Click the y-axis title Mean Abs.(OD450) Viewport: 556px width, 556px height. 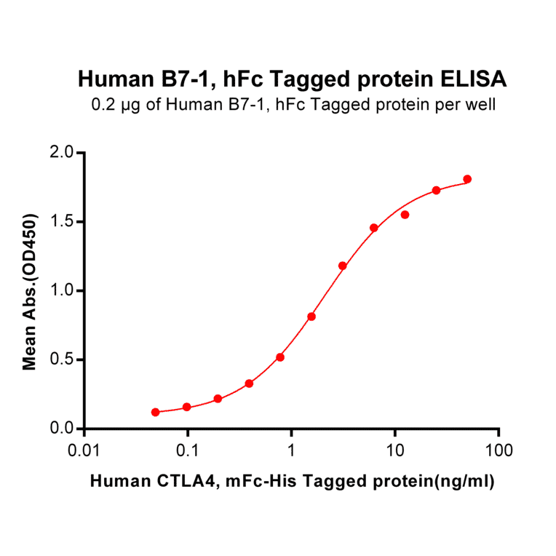tap(30, 291)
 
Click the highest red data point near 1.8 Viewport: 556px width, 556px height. tap(467, 179)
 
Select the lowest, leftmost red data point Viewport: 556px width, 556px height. tap(156, 412)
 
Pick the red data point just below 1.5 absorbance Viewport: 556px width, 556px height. tap(374, 228)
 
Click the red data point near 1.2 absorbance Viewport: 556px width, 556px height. tap(343, 266)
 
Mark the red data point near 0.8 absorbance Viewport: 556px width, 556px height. tap(311, 317)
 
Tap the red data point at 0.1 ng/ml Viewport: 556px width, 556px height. tap(187, 407)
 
